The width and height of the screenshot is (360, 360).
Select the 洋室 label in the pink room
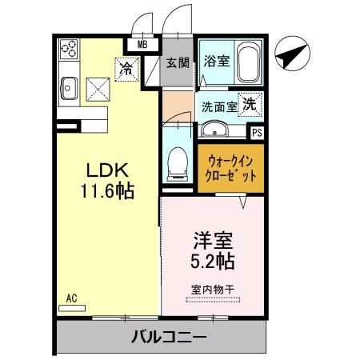coord(211,239)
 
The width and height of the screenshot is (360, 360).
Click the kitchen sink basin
coord(67,84)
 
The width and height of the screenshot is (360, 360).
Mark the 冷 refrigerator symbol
coord(126,69)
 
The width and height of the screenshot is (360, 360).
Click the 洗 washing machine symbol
coord(250,103)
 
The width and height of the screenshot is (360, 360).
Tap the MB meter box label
coord(143,45)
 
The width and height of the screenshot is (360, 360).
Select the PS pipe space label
coord(257,134)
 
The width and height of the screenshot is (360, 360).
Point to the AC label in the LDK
coord(71,299)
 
